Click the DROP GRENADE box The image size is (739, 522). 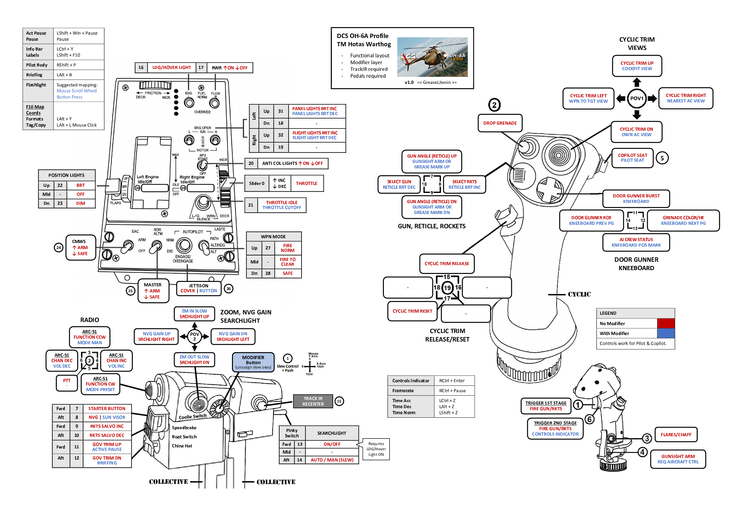coord(500,123)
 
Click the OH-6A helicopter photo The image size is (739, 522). coord(432,57)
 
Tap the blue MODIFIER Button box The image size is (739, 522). coord(253,362)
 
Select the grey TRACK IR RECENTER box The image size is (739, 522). coord(313,401)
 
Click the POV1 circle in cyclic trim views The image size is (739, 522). coord(636,99)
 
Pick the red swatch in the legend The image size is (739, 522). coord(665,323)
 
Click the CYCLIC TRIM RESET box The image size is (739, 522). coord(412,311)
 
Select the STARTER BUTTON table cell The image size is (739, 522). coord(107,408)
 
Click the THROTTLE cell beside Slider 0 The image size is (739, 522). coord(306,183)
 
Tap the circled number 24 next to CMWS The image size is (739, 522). coord(58,247)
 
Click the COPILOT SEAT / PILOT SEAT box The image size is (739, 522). coord(632,158)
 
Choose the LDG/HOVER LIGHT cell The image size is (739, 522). coord(172,68)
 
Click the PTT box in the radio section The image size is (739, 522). coord(67,382)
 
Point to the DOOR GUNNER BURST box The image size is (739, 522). coord(636,198)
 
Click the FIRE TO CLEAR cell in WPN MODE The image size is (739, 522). coord(287,262)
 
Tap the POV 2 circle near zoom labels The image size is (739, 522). coord(194,336)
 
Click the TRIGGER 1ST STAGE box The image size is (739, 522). coord(546,406)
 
